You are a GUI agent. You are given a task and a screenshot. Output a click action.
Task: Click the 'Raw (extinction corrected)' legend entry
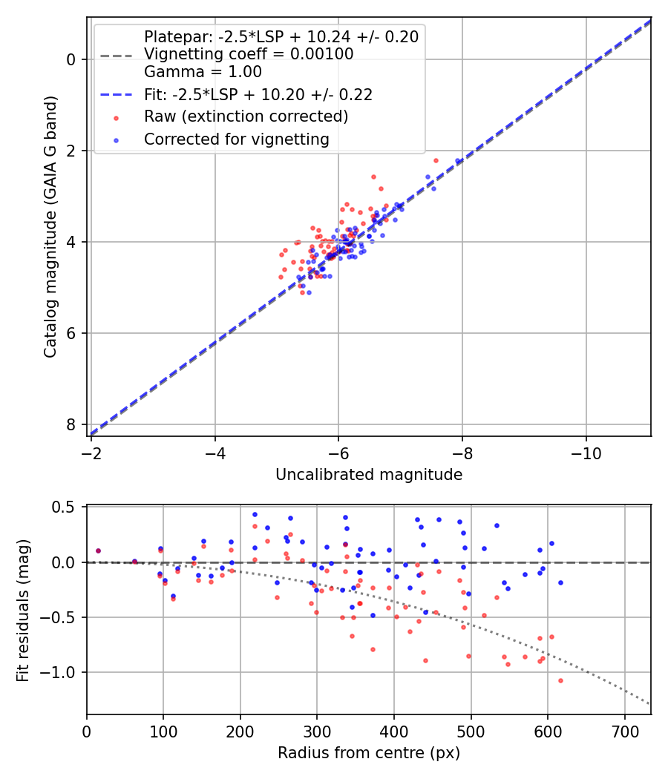click(246, 116)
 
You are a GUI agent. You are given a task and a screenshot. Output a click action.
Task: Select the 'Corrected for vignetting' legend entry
click(236, 139)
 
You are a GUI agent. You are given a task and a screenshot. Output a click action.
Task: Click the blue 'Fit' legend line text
click(258, 94)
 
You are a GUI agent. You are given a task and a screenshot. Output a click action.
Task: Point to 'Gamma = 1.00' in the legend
click(203, 72)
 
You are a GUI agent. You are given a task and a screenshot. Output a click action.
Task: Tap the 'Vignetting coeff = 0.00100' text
click(249, 54)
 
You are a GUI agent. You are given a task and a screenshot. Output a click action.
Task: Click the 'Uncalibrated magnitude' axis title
click(369, 475)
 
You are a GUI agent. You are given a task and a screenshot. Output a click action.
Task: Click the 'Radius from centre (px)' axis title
click(369, 753)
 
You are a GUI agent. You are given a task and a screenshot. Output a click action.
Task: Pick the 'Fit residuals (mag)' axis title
click(23, 610)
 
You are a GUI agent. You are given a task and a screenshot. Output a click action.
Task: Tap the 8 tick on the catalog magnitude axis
click(72, 424)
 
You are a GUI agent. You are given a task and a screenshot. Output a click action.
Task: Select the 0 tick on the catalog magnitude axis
click(72, 59)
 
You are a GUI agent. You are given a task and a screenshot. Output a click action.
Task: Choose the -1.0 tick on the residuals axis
click(65, 672)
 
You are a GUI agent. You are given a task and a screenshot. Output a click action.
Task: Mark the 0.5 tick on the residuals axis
click(68, 507)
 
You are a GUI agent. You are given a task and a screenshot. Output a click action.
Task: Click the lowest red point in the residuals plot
click(560, 680)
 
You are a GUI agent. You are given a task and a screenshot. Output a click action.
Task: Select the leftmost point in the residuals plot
click(98, 550)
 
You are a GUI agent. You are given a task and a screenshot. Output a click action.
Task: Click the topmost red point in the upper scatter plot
click(436, 160)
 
